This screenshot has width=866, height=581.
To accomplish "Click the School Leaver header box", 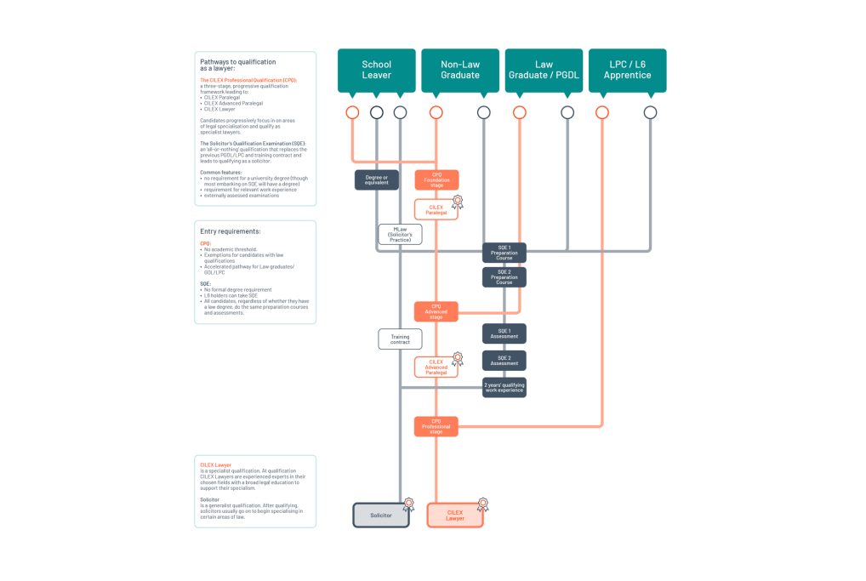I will tap(376, 70).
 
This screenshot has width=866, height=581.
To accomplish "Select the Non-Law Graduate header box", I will tap(460, 70).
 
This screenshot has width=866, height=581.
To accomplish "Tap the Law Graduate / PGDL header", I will tap(544, 70).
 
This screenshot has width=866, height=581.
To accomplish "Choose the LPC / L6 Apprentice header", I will tap(627, 70).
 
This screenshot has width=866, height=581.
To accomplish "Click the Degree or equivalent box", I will tap(376, 179).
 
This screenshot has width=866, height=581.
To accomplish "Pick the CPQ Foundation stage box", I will tap(436, 179).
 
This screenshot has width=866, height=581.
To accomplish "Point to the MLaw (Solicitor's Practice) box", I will tap(400, 234).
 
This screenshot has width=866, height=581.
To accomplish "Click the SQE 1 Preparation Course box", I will tap(504, 253).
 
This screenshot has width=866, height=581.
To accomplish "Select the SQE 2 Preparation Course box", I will tap(504, 277).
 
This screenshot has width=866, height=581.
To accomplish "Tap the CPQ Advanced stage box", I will tap(436, 311).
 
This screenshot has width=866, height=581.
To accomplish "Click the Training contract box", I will tap(400, 339).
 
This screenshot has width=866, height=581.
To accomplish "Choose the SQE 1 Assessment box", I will tap(504, 333).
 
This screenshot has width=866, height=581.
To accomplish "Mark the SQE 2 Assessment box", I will tap(504, 361).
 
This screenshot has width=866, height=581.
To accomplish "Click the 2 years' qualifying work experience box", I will tap(504, 387).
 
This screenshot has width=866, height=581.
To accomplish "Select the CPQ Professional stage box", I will tap(436, 426).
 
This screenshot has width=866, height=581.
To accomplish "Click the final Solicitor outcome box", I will tap(381, 515).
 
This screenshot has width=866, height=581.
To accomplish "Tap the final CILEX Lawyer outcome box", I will tap(454, 515).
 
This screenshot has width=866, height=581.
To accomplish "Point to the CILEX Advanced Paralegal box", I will tap(436, 367).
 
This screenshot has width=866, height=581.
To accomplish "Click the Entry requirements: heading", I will tap(230, 231).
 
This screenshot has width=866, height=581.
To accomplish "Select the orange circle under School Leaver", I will tap(352, 111).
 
